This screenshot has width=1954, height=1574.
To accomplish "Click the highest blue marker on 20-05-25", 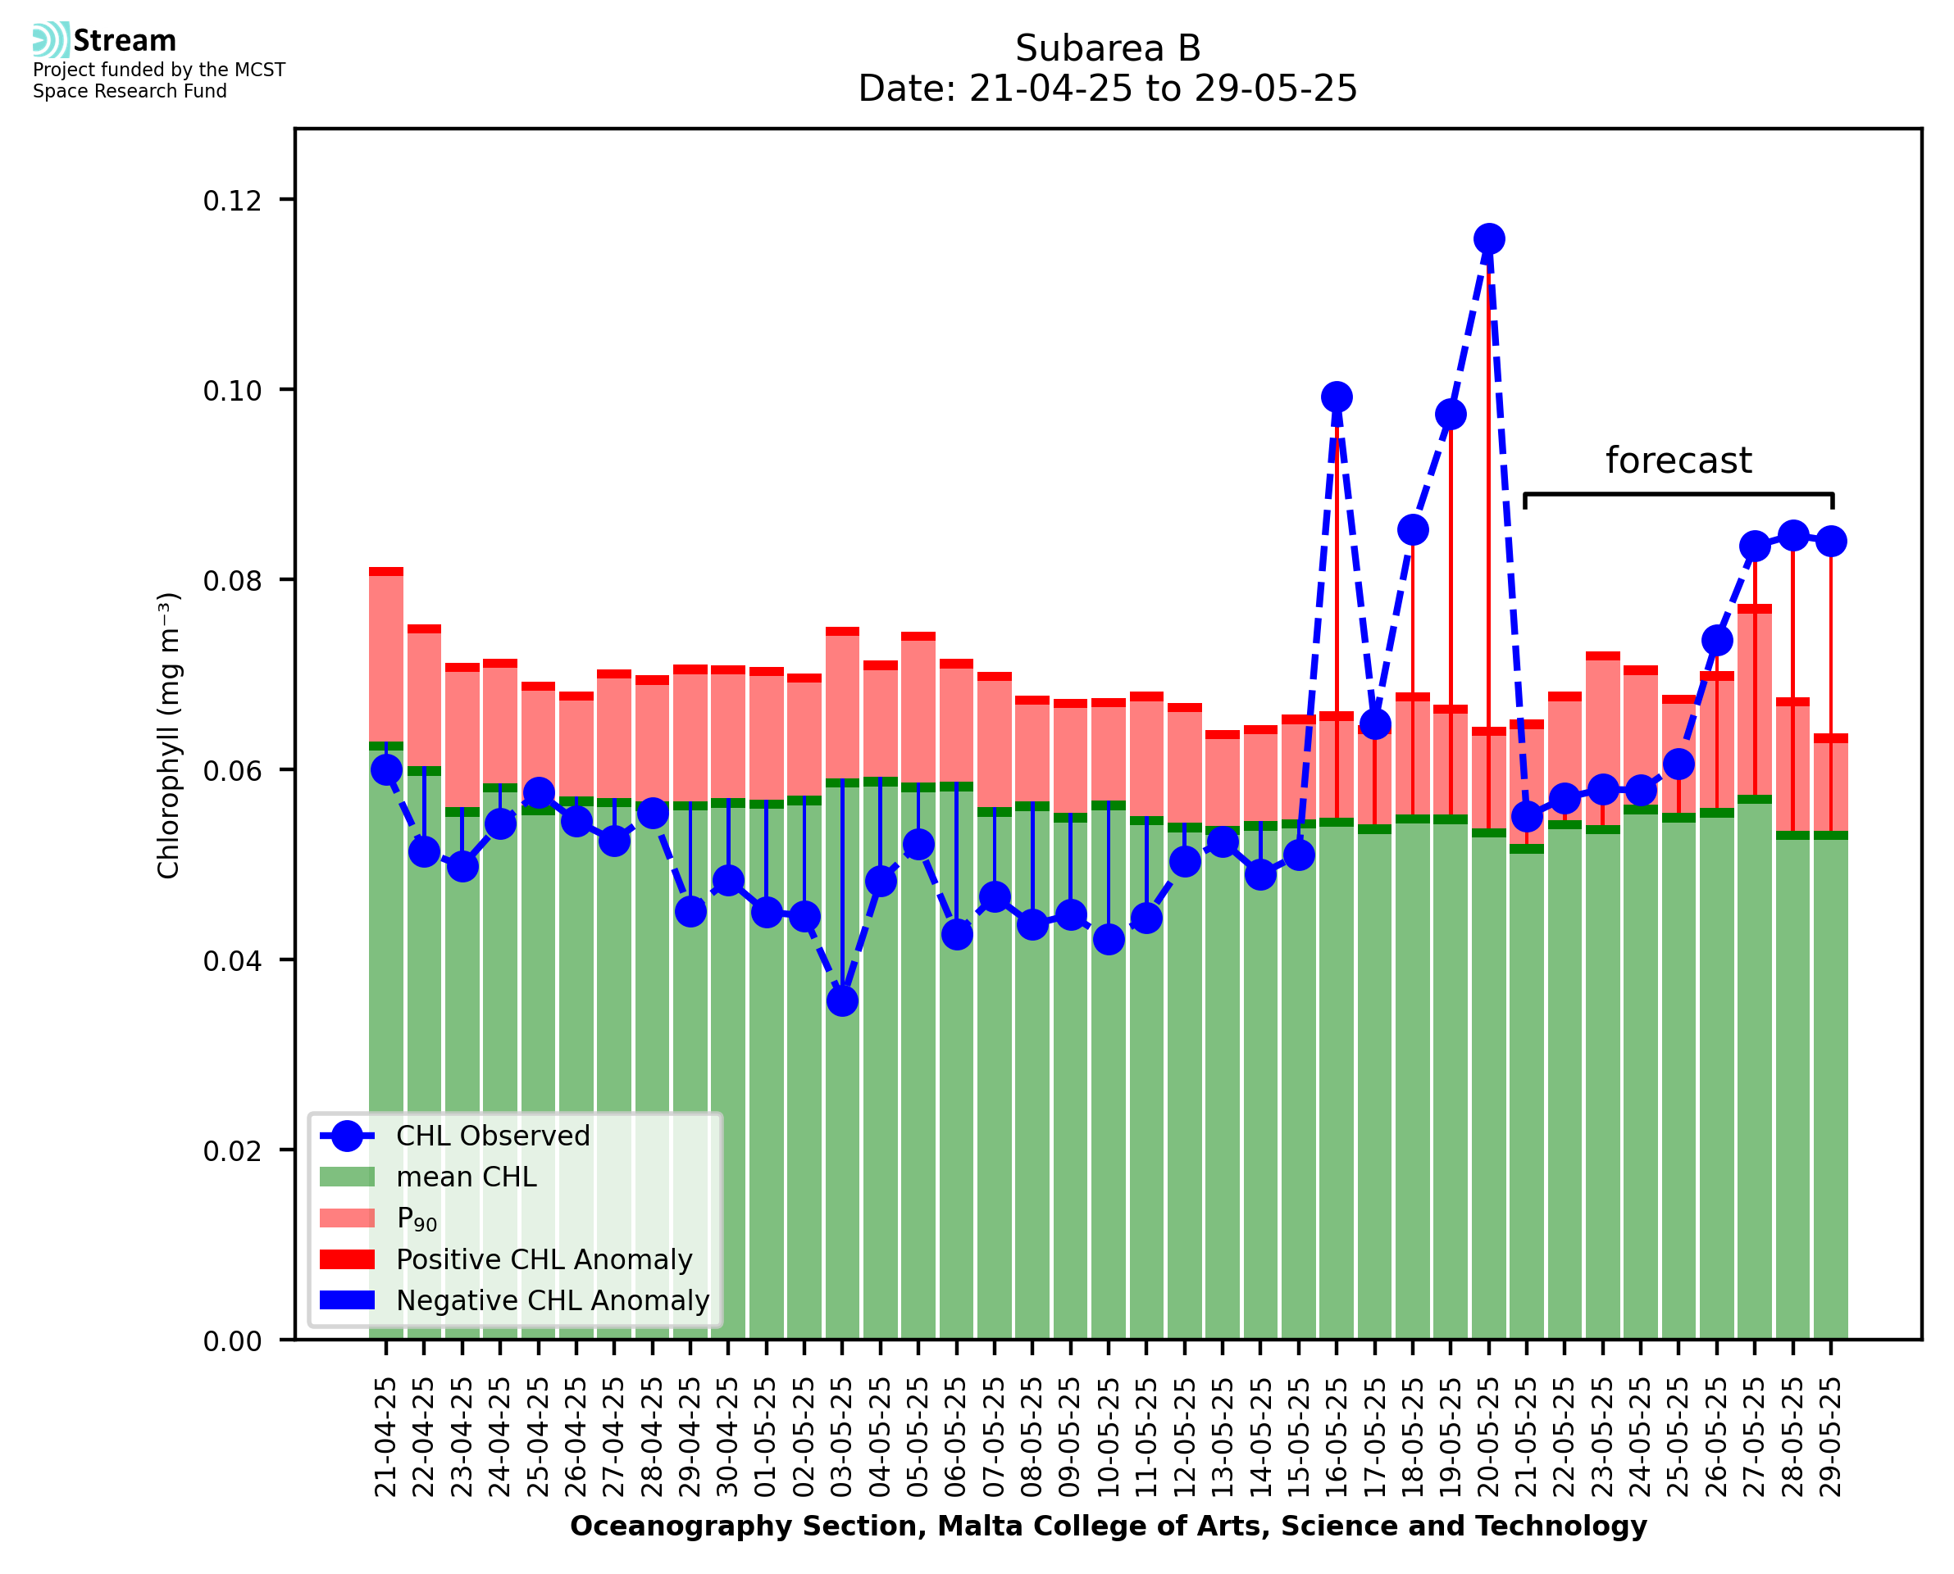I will (1488, 239).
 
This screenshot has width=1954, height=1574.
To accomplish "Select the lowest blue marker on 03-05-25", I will (842, 1001).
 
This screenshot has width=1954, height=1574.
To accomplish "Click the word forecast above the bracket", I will (1678, 460).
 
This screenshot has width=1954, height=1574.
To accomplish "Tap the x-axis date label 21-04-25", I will (385, 1437).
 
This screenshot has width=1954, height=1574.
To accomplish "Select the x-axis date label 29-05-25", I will (1831, 1437).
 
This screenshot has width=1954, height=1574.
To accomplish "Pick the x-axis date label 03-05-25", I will (842, 1437).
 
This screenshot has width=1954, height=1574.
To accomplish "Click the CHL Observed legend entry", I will (493, 1136).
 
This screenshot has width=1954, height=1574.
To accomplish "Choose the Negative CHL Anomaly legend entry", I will (553, 1300).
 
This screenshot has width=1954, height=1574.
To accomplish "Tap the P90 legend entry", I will (417, 1218).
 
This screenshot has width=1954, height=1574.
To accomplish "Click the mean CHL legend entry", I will (467, 1177).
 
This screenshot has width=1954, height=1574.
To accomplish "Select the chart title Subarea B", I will (1108, 48).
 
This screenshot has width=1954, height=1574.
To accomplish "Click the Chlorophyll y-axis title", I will (169, 735).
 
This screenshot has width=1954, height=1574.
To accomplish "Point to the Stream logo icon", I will (51, 40).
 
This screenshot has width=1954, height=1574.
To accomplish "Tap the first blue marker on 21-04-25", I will (386, 769).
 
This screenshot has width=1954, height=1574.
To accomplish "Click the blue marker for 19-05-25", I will (1451, 415).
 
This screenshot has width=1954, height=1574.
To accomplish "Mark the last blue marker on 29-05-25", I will (1831, 542).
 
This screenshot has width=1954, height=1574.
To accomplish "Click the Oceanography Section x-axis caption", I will (1108, 1526).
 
